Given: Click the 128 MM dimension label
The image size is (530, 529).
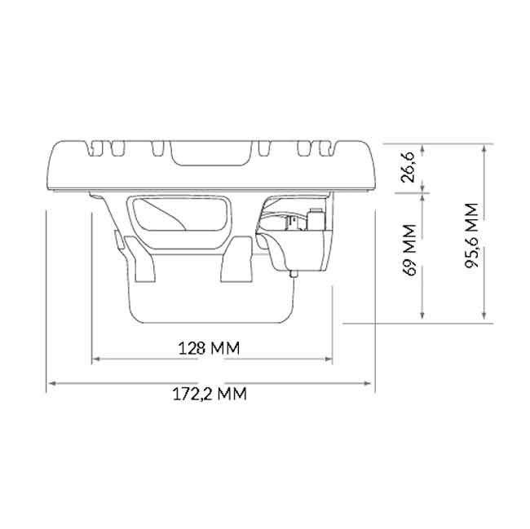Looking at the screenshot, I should tap(209, 348).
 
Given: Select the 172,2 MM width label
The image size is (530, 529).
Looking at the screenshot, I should tap(210, 395).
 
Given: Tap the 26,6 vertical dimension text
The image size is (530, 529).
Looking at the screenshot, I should tap(410, 167).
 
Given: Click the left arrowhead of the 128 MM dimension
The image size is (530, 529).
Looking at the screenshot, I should tap(95, 358).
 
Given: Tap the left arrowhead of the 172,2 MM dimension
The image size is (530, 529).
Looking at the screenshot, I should tap(51, 381).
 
